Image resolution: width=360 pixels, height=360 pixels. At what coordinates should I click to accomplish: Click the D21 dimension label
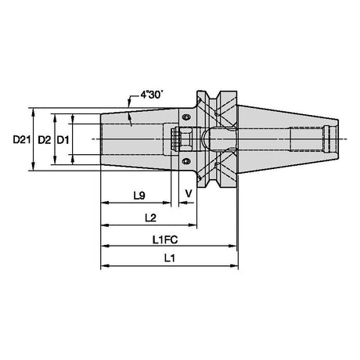click(22, 140)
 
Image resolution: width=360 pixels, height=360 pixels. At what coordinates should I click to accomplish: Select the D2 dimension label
click(45, 140)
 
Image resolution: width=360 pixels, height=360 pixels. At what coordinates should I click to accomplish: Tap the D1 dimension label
click(63, 140)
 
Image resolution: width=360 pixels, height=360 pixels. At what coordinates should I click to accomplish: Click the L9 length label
click(139, 196)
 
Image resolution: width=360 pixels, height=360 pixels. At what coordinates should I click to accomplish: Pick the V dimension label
click(189, 193)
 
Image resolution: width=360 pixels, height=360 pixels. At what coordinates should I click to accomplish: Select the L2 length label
click(150, 218)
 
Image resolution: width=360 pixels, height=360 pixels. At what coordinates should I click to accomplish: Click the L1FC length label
click(165, 239)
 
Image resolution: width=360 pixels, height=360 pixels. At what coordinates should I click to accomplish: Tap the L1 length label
click(169, 258)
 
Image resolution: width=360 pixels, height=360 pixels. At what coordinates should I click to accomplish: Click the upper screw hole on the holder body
click(186, 117)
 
